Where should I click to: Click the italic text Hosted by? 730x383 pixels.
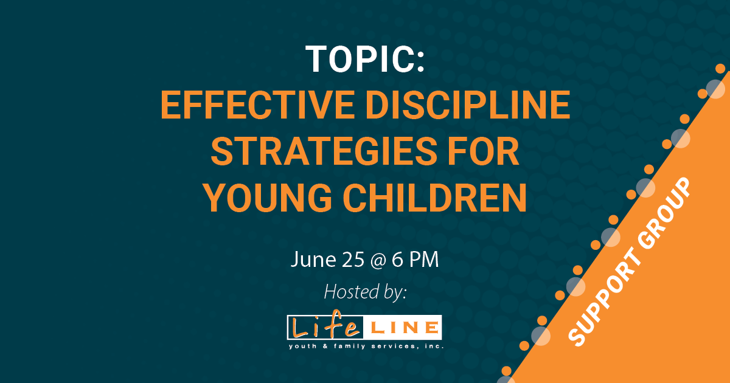(365, 291)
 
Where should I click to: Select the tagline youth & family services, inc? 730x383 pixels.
(365, 346)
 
